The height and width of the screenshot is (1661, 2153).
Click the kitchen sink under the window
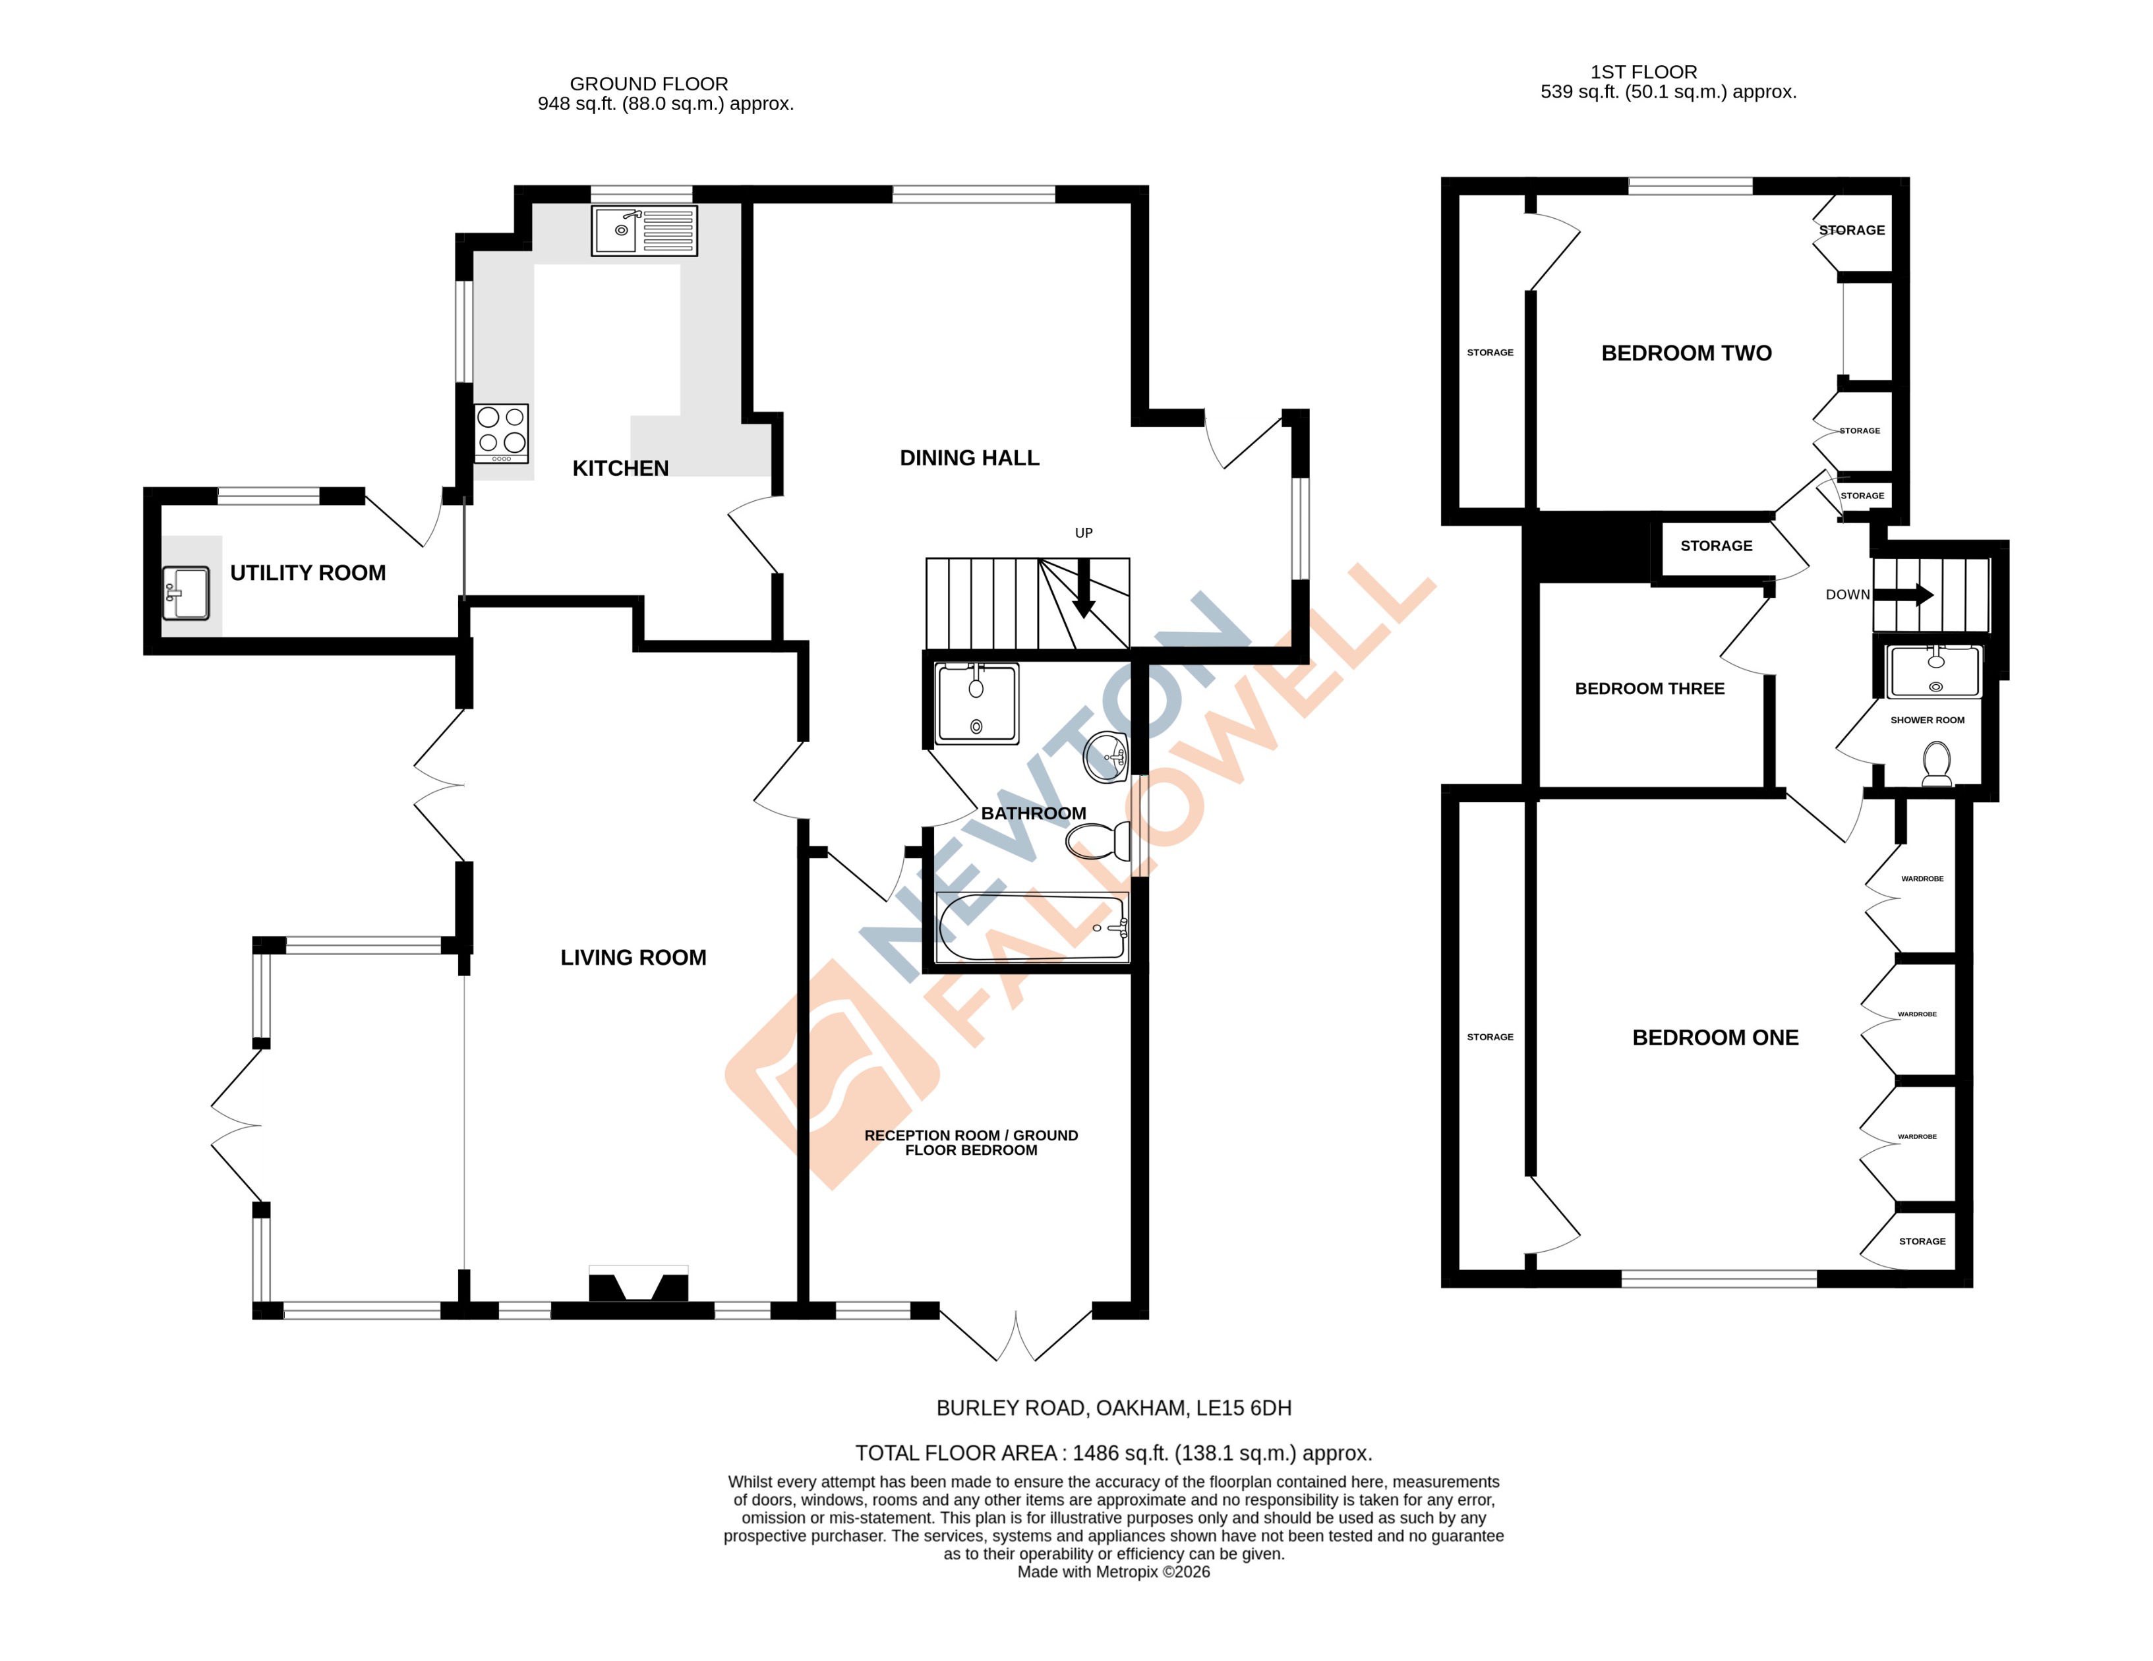pyautogui.click(x=644, y=231)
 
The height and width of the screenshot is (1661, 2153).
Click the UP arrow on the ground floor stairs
pyautogui.click(x=1083, y=589)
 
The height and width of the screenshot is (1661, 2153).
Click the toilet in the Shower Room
pyautogui.click(x=1937, y=763)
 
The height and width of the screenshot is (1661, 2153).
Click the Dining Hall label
pyautogui.click(x=969, y=458)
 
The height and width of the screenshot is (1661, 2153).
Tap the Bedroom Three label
pyautogui.click(x=1649, y=689)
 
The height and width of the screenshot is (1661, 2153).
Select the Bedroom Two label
pyautogui.click(x=1686, y=353)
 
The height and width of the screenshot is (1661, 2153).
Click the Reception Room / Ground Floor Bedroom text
pyautogui.click(x=971, y=1142)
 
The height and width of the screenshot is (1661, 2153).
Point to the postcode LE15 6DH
pyautogui.click(x=1243, y=1409)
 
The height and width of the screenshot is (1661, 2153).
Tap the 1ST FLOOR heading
pyautogui.click(x=1643, y=72)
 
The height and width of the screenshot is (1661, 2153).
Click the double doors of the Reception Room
pyautogui.click(x=1015, y=1337)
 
